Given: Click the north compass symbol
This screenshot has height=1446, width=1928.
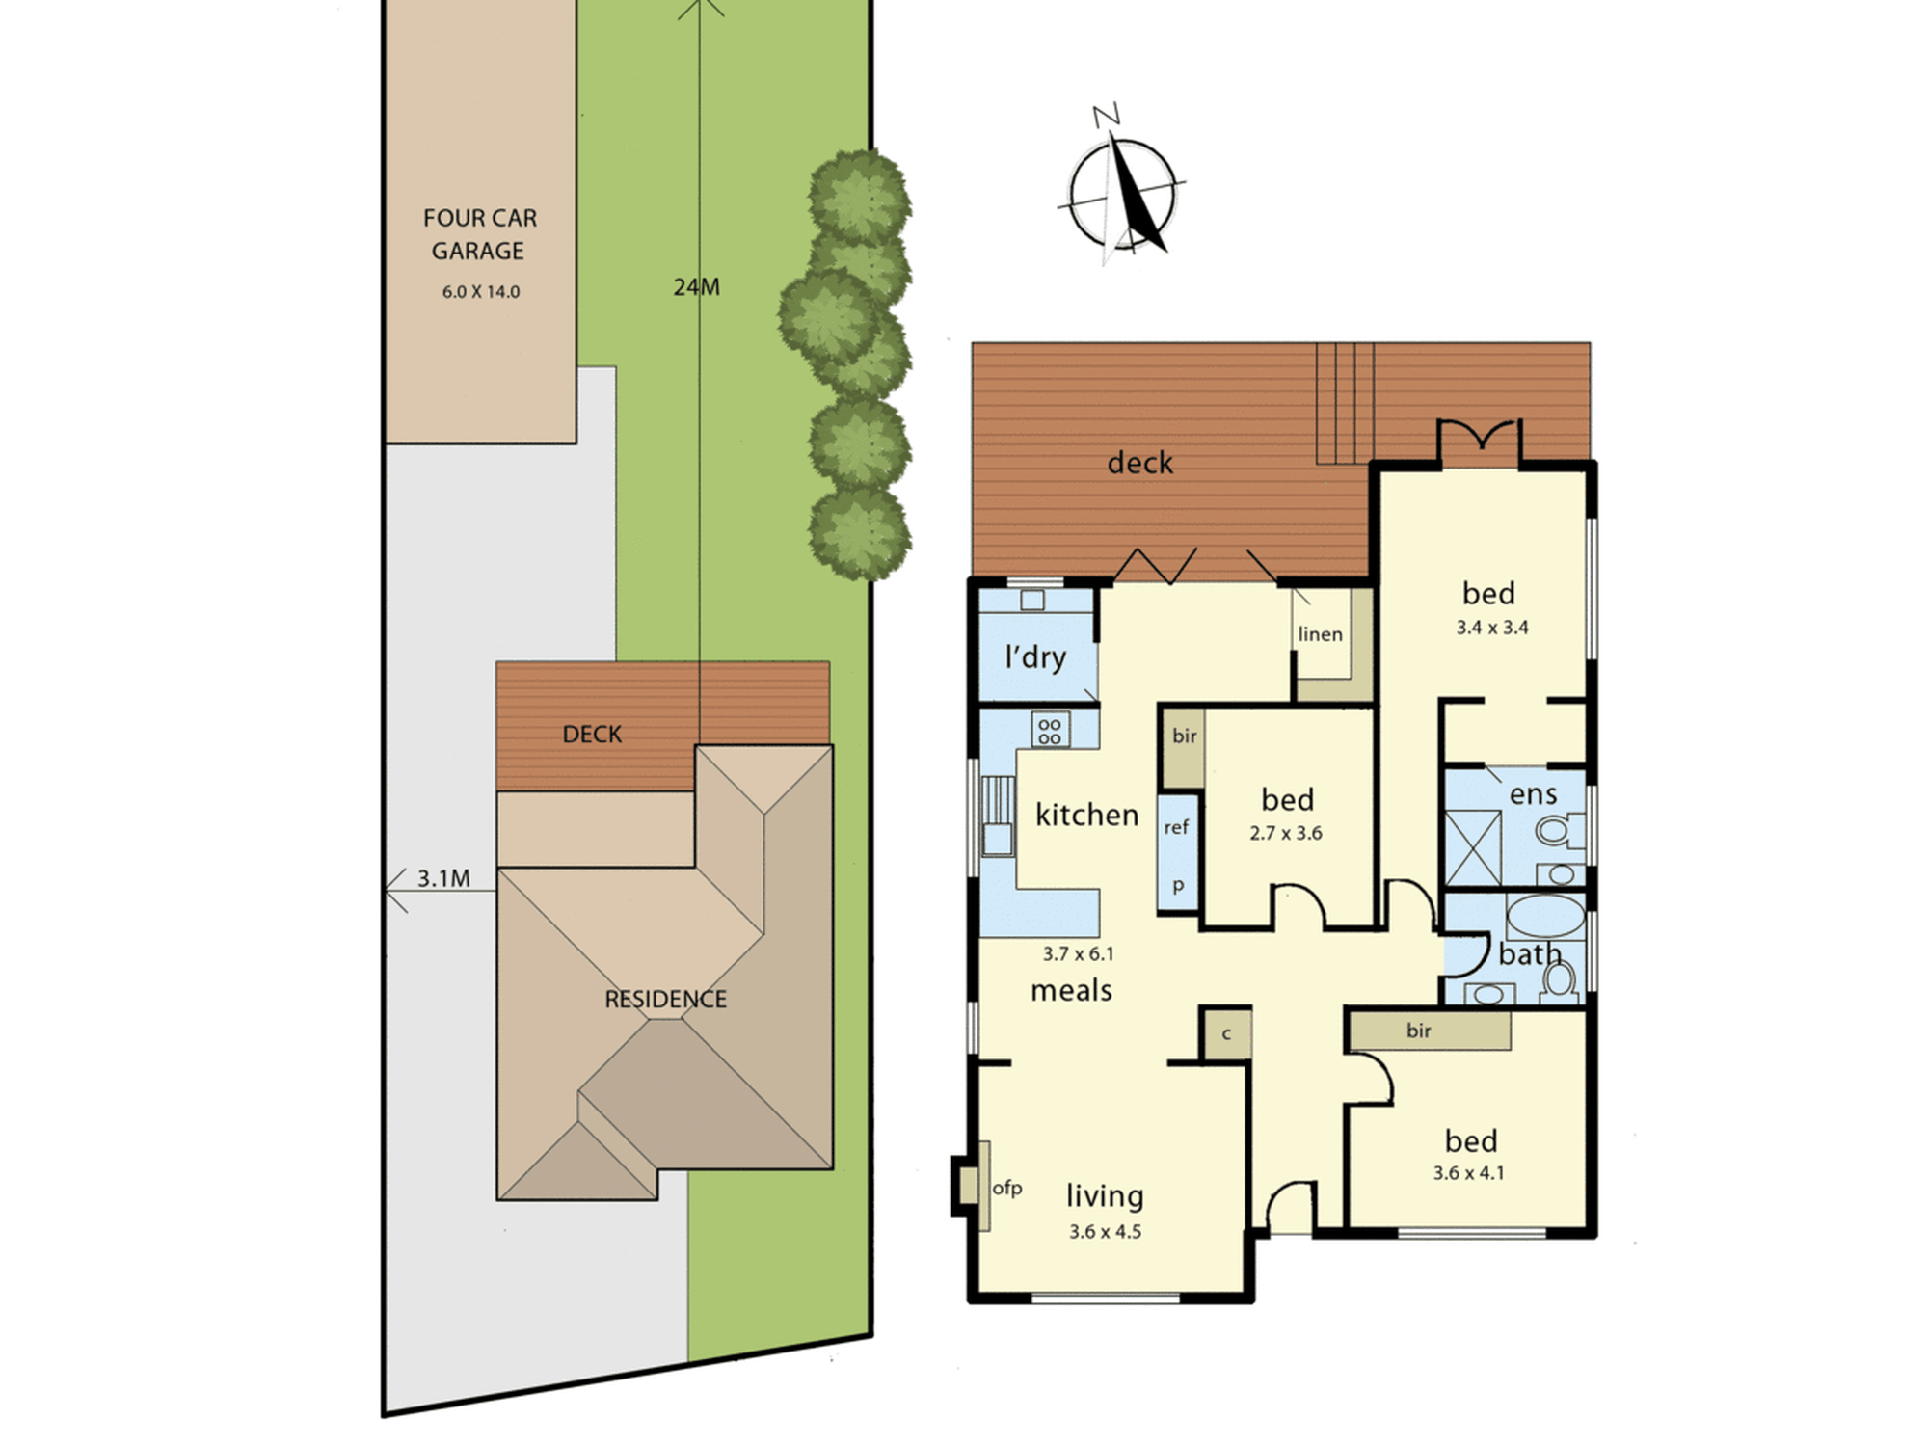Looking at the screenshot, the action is click(1121, 188).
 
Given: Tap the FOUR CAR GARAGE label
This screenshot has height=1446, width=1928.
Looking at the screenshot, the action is click(479, 234).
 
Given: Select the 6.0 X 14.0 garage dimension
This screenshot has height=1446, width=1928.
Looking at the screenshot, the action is click(481, 292).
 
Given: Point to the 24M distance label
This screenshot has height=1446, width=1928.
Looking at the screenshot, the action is click(696, 287).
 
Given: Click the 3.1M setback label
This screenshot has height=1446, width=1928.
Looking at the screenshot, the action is click(443, 879).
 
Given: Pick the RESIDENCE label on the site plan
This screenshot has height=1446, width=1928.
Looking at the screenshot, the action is click(665, 1000).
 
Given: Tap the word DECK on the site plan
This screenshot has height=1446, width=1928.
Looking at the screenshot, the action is click(592, 735).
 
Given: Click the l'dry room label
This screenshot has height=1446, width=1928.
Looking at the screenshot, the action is click(1035, 657).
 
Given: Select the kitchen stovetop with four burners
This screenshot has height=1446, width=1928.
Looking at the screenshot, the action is click(1050, 730).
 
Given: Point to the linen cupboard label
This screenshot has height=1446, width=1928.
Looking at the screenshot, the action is click(1320, 634).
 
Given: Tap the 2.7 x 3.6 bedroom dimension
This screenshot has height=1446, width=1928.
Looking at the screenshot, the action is click(1286, 834).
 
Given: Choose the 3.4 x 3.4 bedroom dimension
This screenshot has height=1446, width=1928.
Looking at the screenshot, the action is click(1492, 628).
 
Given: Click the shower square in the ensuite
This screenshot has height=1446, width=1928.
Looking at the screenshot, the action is click(1473, 848).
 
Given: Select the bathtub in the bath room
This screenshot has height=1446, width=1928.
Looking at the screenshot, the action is click(1545, 917).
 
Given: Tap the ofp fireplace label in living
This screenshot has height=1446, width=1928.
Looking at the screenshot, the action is click(1007, 1188).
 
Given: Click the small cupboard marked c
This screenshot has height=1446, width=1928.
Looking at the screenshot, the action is click(1226, 1034).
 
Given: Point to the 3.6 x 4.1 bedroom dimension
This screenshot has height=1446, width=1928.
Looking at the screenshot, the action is click(1468, 1173).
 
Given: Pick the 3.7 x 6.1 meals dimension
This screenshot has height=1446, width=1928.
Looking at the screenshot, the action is click(1078, 954).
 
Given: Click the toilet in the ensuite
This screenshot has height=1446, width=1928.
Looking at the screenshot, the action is click(1558, 829).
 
